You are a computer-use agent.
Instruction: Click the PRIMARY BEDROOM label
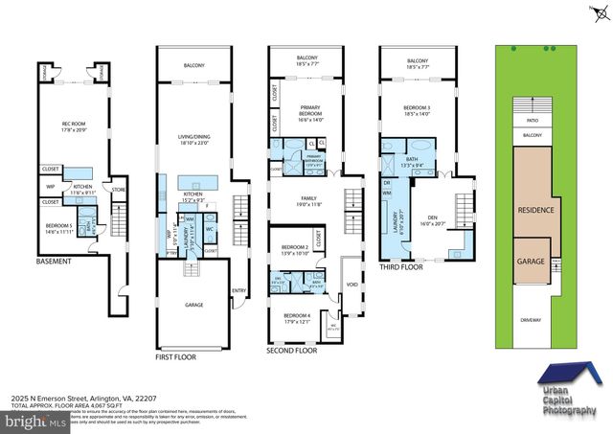tap(306, 112)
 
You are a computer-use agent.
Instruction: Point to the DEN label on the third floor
tap(430, 217)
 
